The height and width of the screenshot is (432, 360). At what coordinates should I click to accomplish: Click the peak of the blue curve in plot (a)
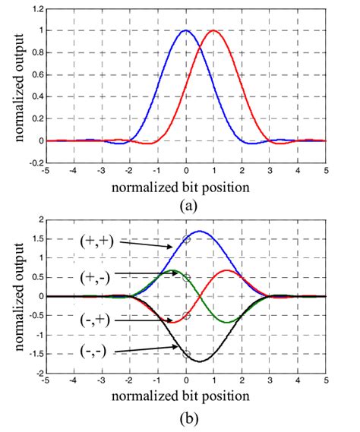pyautogui.click(x=186, y=31)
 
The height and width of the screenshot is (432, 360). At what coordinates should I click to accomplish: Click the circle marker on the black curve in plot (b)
pyautogui.click(x=186, y=355)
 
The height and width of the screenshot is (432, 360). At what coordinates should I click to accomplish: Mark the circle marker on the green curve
pyautogui.click(x=186, y=278)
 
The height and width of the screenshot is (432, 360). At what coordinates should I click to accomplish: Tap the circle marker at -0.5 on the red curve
pyautogui.click(x=186, y=316)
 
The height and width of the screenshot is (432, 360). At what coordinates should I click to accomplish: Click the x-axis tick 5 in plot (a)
pyautogui.click(x=326, y=171)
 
